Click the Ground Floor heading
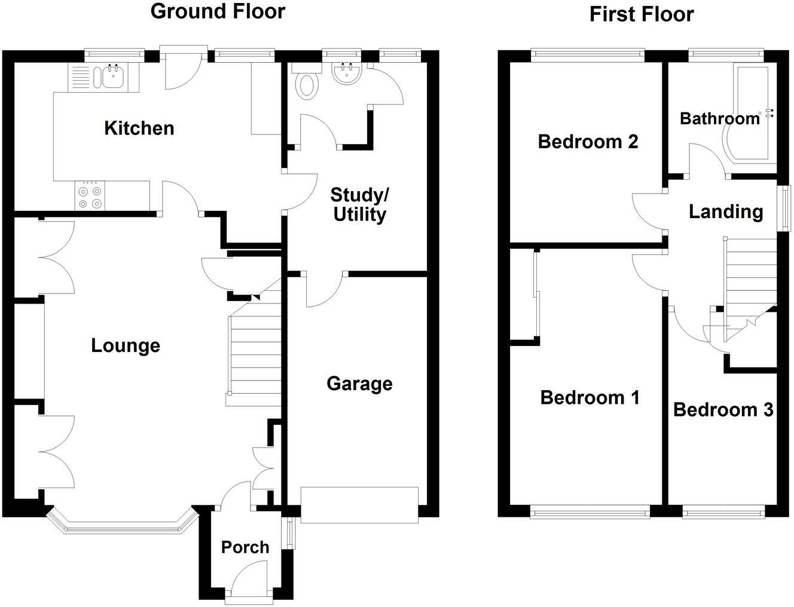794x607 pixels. click(218, 11)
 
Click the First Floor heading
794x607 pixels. click(642, 14)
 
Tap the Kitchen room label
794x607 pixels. click(139, 128)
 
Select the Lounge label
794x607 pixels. click(126, 346)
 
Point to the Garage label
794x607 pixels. click(359, 384)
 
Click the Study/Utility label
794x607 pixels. click(359, 205)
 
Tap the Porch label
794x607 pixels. click(245, 547)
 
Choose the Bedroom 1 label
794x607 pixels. click(590, 397)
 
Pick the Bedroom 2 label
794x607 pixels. click(588, 142)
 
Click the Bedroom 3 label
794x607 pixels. click(723, 410)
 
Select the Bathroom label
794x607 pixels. click(720, 118)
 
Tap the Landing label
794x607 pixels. click(726, 211)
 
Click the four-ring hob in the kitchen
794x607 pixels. click(90, 196)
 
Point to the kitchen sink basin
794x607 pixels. click(114, 78)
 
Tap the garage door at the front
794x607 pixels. click(359, 505)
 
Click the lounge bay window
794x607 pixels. click(123, 527)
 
